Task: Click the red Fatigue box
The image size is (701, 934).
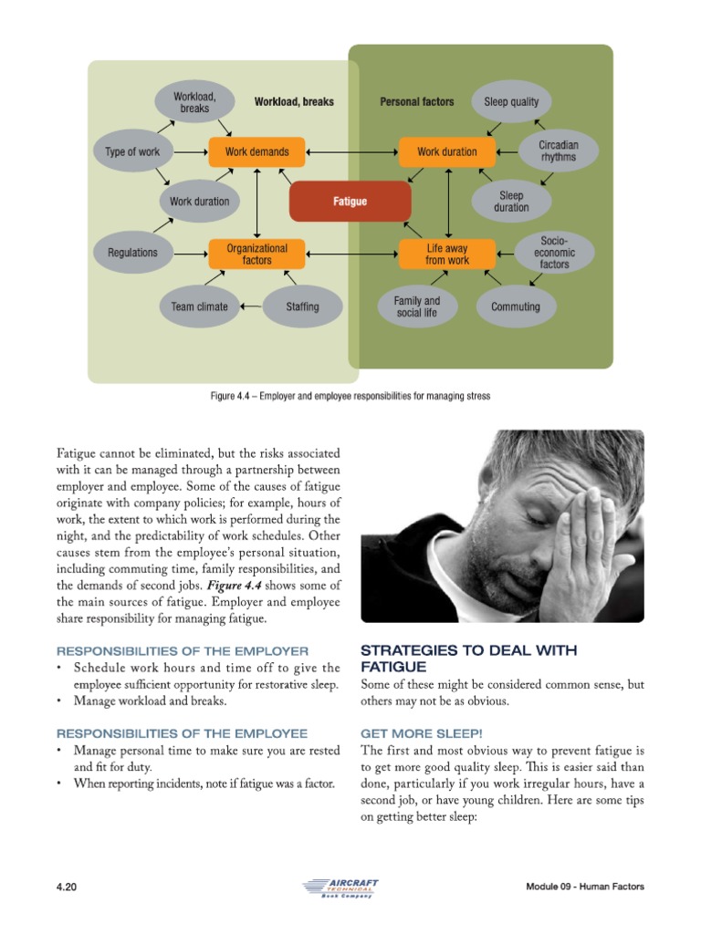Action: tap(350, 202)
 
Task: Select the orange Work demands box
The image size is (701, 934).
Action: tap(257, 151)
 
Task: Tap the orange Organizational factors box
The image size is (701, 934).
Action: tap(257, 254)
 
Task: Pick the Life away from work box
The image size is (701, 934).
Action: tap(447, 254)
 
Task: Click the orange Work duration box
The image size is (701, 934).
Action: tap(447, 151)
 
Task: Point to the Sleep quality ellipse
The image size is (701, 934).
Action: tap(511, 102)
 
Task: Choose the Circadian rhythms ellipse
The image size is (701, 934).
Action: tap(559, 151)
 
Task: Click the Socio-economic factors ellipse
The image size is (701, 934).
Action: tap(554, 253)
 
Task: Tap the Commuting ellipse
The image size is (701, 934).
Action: tap(516, 306)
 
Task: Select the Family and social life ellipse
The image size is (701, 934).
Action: tap(416, 306)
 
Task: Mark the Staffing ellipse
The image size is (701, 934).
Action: tap(302, 306)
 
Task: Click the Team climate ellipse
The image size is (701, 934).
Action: tap(199, 306)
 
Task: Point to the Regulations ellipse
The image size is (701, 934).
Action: tap(132, 253)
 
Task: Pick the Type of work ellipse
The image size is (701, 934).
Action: tap(132, 151)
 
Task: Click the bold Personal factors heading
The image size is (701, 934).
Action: tap(416, 102)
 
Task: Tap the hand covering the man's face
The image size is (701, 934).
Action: tap(584, 529)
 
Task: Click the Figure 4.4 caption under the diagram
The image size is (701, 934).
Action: tap(350, 396)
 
